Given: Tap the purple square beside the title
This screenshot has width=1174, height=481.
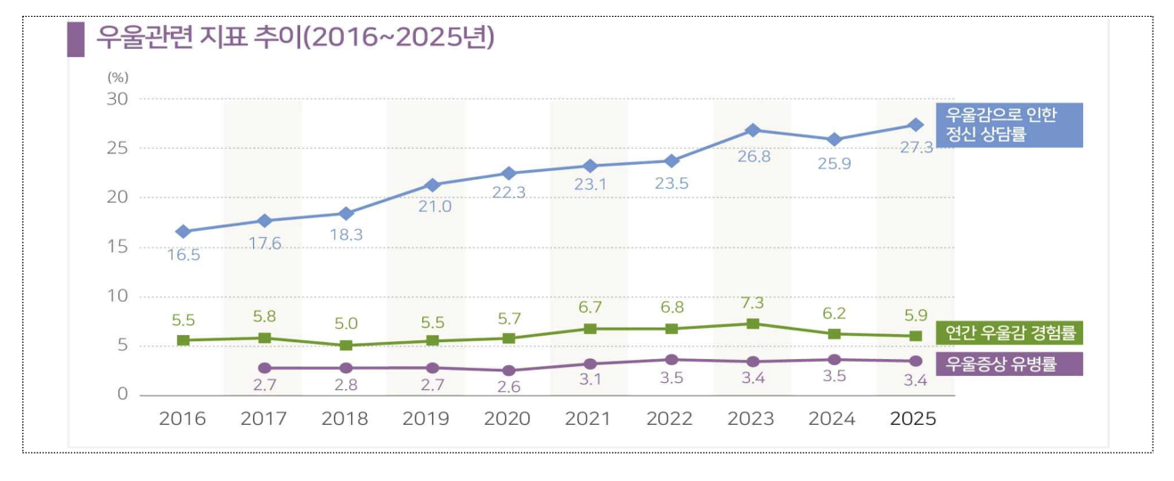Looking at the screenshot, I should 76,40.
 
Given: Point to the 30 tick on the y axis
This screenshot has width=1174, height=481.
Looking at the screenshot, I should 118,99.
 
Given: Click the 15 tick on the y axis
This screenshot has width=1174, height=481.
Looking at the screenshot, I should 118,247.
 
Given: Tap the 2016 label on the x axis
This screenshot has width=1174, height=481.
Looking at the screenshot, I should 183,419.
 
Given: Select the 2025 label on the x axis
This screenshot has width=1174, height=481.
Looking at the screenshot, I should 913,419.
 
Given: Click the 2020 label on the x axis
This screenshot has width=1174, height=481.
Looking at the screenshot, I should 509,419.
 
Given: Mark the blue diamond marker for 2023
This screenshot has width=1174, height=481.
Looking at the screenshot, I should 753,130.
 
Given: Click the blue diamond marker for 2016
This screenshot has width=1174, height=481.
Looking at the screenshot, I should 183,232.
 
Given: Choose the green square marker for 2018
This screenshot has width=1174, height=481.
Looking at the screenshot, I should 346,345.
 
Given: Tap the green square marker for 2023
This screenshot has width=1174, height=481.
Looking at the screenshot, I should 753,323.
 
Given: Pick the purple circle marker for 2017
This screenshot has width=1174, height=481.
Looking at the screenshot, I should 265,368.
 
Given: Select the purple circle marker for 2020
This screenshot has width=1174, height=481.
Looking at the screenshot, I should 509,370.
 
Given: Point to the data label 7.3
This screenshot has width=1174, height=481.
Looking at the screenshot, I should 753,303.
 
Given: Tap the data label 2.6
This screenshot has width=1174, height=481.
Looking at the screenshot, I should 509,387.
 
